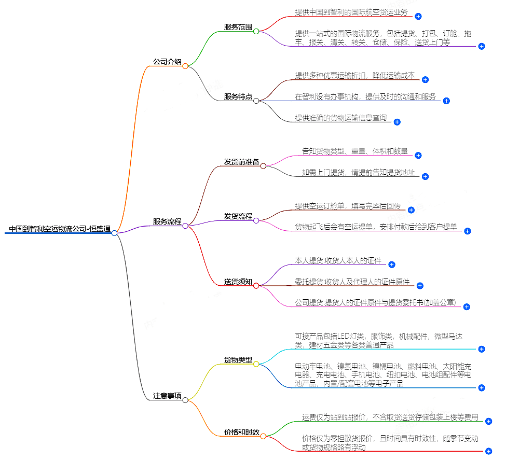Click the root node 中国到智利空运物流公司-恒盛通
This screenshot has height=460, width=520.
click(60, 229)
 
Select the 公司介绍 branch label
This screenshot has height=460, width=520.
click(167, 62)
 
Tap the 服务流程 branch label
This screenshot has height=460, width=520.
click(167, 221)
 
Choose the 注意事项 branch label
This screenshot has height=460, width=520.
click(167, 396)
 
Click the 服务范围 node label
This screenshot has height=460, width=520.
click(238, 27)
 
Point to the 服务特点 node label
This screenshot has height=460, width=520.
click(238, 96)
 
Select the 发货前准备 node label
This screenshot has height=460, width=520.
click(241, 162)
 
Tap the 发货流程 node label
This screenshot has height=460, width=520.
click(238, 216)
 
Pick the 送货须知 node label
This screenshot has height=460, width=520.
click(238, 282)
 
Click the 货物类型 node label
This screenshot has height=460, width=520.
click(238, 359)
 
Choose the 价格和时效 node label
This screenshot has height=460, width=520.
click(241, 432)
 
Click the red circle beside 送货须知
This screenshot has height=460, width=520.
click(256, 285)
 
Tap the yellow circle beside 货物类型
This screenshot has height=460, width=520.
click(256, 364)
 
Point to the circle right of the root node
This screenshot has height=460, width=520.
click(114, 233)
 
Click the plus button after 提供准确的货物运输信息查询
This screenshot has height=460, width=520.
click(397, 122)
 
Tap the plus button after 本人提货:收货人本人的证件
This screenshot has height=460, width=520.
click(392, 264)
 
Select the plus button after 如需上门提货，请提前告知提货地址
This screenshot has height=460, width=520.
click(425, 176)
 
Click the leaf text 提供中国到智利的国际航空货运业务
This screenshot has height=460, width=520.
click(351, 12)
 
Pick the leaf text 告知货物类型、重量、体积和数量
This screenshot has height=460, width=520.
click(355, 151)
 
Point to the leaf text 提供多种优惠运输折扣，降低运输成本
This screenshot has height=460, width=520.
click(355, 75)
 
